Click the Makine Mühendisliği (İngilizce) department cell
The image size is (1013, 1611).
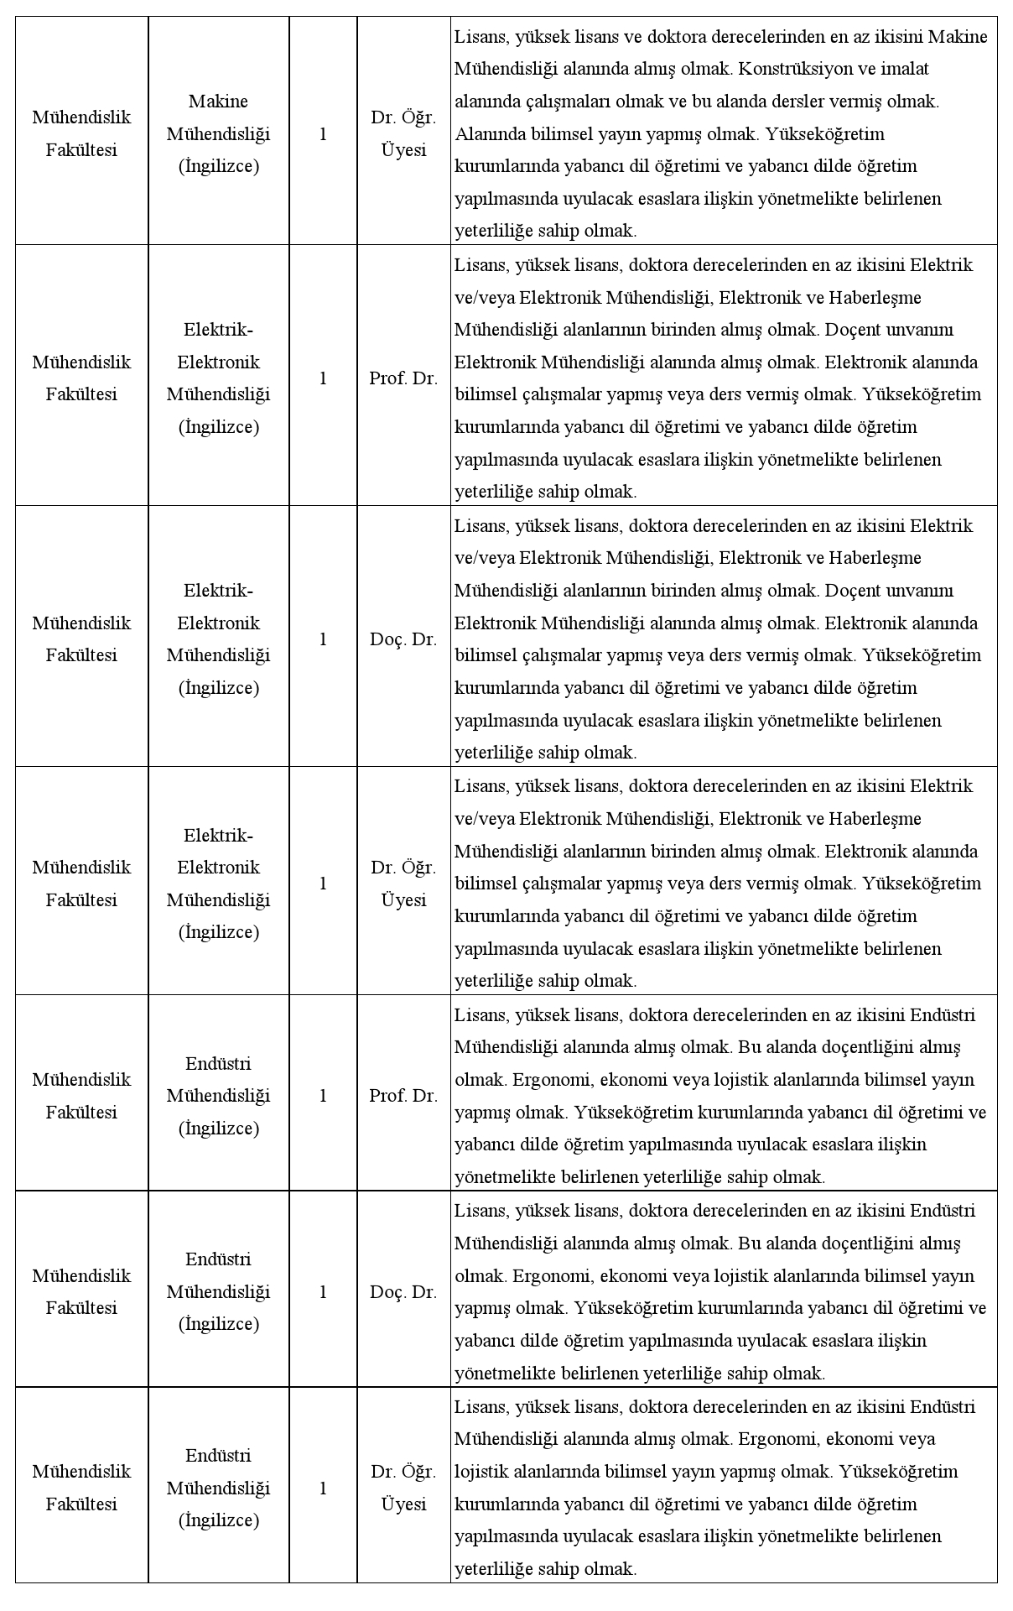click(x=218, y=133)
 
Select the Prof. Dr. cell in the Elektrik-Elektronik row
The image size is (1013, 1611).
click(x=403, y=378)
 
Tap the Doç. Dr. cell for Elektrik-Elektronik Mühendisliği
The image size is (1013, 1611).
click(x=403, y=639)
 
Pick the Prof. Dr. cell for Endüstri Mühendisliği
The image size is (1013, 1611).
click(x=403, y=1096)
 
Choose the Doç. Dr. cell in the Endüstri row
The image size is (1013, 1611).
click(x=403, y=1292)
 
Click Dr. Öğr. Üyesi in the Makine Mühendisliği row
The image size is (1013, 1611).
click(x=403, y=133)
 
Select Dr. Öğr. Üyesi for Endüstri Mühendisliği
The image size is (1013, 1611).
click(x=403, y=1488)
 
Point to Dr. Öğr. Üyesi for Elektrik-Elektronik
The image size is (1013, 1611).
click(x=403, y=884)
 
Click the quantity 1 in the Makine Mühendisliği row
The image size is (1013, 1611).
click(x=323, y=133)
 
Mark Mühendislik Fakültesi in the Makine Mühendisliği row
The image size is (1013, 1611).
click(x=81, y=133)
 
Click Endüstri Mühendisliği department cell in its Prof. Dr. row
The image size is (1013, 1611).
click(x=218, y=1096)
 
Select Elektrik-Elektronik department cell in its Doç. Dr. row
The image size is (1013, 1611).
click(x=218, y=639)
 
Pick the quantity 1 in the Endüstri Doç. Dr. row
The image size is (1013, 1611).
click(x=323, y=1292)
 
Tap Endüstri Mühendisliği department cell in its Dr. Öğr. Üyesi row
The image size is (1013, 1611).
click(x=218, y=1488)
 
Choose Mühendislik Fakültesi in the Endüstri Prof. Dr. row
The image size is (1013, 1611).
click(x=81, y=1096)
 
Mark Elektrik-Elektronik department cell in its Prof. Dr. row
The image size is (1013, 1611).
click(x=218, y=378)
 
